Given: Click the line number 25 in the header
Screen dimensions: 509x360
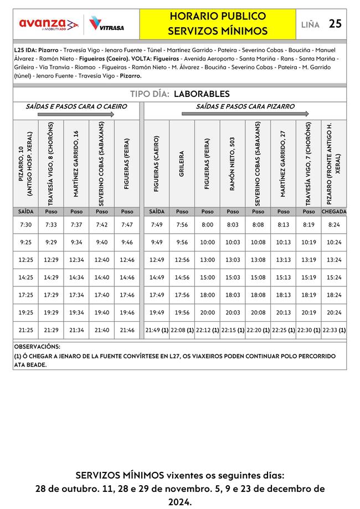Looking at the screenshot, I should tap(335, 24).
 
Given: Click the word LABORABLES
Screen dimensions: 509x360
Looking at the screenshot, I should tap(202, 94).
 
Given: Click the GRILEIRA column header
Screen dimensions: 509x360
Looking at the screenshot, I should tap(182, 163).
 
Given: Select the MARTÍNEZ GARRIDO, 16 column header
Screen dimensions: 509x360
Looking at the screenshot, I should tap(76, 163).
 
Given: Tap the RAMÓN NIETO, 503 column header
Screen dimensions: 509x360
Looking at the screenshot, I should tap(233, 163).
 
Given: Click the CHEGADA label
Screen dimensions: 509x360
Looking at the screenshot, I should tap(334, 212).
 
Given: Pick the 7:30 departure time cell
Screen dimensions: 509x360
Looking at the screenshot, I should tap(25, 225).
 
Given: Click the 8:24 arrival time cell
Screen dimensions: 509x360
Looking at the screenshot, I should tap(334, 225).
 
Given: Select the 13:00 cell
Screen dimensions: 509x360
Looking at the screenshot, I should tap(207, 260).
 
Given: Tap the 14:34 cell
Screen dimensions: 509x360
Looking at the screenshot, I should tap(76, 277).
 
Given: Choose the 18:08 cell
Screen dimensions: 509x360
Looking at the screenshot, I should tap(258, 295).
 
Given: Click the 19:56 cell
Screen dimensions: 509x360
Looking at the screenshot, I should tap(182, 312).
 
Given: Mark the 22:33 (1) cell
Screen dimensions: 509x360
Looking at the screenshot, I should tap(334, 330).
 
